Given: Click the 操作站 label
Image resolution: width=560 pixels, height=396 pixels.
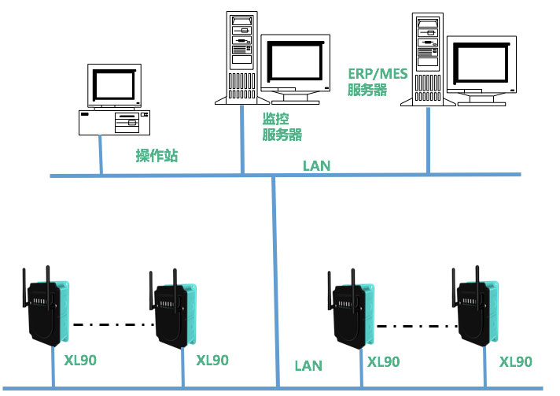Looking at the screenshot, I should (157, 156).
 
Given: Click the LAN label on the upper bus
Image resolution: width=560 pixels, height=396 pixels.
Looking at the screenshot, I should (316, 166).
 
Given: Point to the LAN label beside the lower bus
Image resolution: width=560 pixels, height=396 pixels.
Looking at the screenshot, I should (308, 365).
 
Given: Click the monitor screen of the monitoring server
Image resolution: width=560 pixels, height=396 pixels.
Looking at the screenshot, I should (293, 61).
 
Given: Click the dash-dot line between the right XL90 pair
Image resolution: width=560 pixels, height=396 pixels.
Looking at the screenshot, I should (416, 324).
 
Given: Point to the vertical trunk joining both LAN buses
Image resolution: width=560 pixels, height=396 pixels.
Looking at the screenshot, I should (274, 276).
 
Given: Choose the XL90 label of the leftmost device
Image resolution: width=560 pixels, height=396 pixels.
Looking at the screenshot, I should (80, 361).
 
